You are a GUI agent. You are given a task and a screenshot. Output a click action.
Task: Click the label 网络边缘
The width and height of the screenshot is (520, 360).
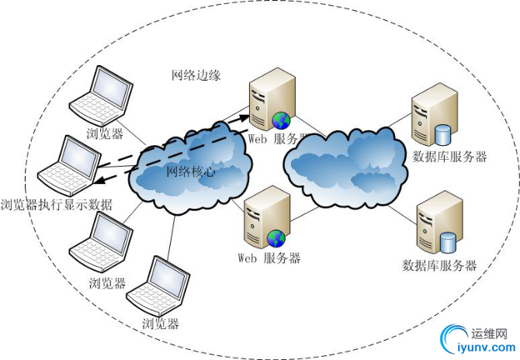pos(196,75)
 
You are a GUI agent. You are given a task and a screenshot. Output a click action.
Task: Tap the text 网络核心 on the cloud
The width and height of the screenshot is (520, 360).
pos(191,171)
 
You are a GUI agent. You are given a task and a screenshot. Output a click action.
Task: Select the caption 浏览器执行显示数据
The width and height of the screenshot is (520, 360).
pos(57,205)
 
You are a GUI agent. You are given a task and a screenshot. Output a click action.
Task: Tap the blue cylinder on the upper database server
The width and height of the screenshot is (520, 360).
pos(442,134)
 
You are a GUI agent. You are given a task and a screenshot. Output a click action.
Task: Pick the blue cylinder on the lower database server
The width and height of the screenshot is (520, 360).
pos(448,242)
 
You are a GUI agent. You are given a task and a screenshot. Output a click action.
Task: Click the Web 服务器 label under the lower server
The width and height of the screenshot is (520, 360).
pos(269,258)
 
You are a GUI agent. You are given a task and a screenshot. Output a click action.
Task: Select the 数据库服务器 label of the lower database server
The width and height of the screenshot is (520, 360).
pos(439,265)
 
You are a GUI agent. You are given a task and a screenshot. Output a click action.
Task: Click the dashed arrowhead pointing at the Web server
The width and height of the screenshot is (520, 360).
pos(247,118)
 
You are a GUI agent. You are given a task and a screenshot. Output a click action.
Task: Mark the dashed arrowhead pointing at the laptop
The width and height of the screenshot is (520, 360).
pos(100,182)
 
